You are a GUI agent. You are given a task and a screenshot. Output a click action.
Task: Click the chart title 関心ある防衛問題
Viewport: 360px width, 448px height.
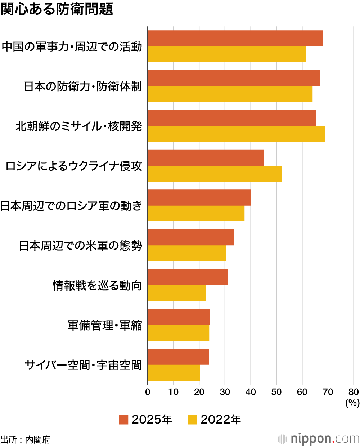coord(57,9)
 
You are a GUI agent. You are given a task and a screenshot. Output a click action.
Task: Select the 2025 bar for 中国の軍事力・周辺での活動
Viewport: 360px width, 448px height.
coord(235,39)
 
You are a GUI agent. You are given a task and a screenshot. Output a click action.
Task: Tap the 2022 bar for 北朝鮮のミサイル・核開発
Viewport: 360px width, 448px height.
coord(236,134)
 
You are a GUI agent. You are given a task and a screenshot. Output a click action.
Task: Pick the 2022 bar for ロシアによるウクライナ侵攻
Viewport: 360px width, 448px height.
coord(215,174)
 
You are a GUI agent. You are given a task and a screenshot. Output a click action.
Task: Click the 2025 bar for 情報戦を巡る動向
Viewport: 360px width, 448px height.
coord(188,277)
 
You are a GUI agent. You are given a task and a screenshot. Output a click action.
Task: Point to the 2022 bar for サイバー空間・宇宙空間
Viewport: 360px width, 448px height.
coord(174,373)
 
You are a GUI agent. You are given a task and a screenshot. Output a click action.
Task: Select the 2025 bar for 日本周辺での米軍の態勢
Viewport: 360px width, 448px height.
coord(190,237)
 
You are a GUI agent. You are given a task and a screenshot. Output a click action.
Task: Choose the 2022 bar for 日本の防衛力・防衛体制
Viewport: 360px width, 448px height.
coord(230,94)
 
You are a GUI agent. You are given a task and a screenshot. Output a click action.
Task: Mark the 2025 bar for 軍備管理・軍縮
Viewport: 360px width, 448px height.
coord(179,317)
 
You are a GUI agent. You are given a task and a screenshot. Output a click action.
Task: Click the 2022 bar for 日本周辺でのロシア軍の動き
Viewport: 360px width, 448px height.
coord(196,214)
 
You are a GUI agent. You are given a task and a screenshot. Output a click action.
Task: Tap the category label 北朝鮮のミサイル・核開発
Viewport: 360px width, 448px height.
coord(79,126)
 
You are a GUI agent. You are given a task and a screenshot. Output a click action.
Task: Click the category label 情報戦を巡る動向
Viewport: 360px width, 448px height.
coord(97,286)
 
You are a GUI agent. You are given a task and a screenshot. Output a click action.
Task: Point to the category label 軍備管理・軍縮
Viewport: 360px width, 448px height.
coord(105,326)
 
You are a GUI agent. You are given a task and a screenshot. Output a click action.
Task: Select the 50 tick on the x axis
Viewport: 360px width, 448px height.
coord(276,392)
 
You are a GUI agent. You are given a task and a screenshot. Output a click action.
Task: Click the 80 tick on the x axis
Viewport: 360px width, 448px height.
coord(354,392)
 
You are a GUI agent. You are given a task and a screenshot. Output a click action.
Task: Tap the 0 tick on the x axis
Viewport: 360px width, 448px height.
coord(148,392)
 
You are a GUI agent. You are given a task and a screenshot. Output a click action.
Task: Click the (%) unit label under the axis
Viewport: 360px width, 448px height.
coord(352,403)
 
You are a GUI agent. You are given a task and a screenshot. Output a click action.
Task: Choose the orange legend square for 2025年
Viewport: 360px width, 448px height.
coord(123,420)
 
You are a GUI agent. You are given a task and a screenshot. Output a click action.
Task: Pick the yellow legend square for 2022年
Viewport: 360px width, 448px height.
coord(193,420)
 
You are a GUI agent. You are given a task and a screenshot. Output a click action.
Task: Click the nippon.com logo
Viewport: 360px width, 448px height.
coord(319,439)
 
